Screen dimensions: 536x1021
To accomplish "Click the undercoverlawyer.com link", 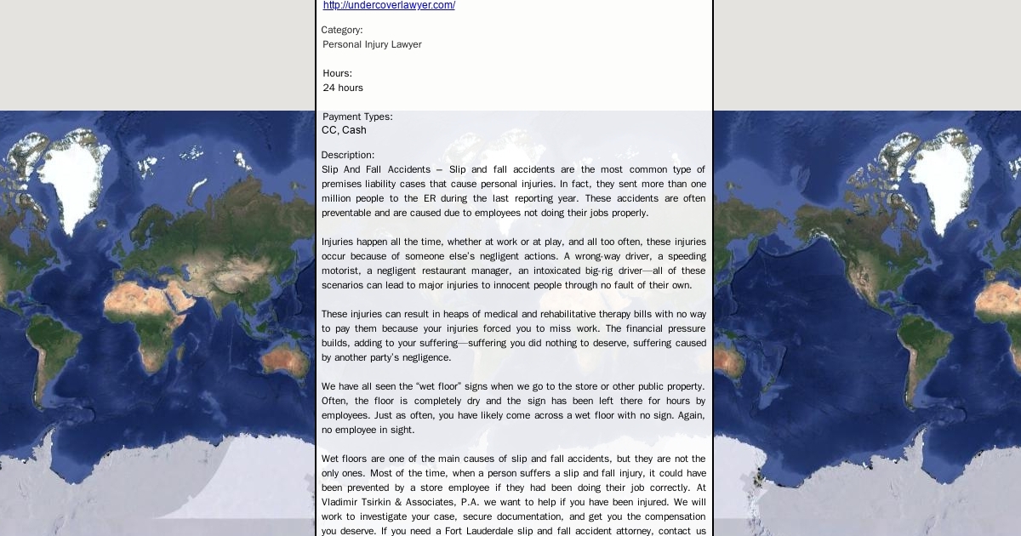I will pos(389,5).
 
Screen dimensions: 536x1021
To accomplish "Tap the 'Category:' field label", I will pos(342,30).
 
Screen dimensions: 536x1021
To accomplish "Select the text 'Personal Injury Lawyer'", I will pos(372,44).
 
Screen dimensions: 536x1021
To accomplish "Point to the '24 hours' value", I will pos(343,88).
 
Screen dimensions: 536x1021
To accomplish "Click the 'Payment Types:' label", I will pos(357,117).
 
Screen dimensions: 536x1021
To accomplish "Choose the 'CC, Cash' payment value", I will pos(344,130).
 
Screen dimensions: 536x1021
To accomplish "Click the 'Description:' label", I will pos(348,155).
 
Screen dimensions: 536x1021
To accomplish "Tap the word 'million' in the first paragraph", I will pos(338,198).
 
